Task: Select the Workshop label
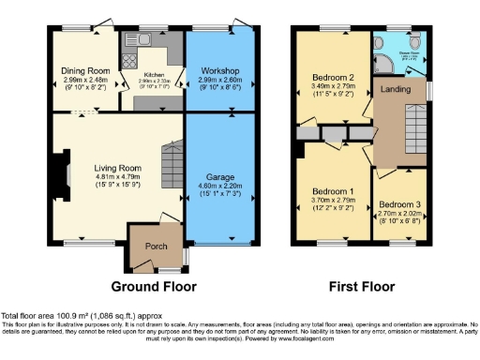click(x=220, y=70)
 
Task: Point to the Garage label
click(x=220, y=176)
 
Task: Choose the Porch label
click(x=155, y=247)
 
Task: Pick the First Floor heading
click(x=360, y=286)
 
